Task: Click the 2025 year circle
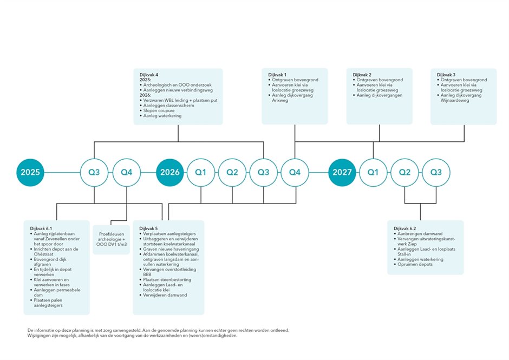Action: [x=30, y=173]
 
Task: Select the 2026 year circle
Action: [x=170, y=173]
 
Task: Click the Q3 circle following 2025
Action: [x=94, y=173]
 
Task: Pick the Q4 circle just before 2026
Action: [x=126, y=173]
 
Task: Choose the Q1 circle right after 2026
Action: [x=201, y=173]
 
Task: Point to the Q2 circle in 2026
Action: [x=232, y=173]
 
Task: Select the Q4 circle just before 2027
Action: [x=295, y=173]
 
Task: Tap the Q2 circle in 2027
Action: [x=404, y=173]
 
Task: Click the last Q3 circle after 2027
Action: [x=436, y=173]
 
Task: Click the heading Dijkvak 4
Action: [x=149, y=74]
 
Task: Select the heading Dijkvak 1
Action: [x=277, y=74]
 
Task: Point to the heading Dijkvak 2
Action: [x=362, y=74]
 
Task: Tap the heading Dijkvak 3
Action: [x=446, y=74]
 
